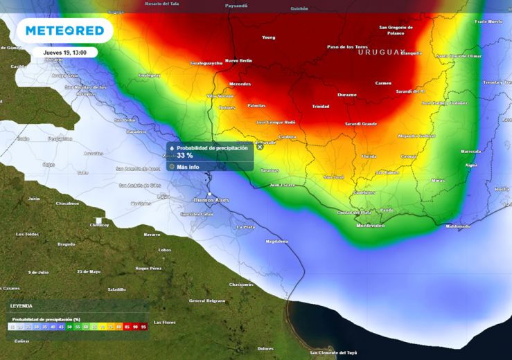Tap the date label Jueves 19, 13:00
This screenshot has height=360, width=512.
point(64,53)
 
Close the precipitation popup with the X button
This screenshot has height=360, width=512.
point(260,146)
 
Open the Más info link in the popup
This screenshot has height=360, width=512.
point(188,167)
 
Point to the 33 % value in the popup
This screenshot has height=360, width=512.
point(184,156)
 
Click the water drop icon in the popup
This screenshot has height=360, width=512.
point(172,147)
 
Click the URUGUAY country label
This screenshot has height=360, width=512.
point(380,52)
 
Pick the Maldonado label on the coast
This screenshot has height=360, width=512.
point(457,226)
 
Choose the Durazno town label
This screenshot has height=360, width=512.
point(346,94)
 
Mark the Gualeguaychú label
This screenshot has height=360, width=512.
point(206,63)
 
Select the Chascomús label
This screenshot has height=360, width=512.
point(241,285)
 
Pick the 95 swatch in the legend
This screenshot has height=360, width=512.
point(143,325)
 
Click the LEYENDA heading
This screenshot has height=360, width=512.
point(21,305)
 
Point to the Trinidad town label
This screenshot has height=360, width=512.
point(321,107)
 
